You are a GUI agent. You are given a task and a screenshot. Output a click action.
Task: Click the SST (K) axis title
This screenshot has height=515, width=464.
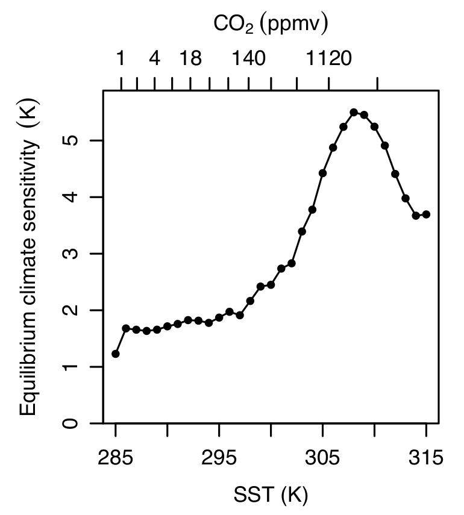click(271, 496)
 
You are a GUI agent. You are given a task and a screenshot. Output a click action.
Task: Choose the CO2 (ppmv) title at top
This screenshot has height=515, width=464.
click(271, 25)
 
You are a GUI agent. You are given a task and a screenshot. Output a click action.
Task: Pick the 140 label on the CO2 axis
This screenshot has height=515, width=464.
click(249, 59)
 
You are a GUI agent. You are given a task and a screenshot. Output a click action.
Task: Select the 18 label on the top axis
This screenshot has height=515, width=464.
click(190, 59)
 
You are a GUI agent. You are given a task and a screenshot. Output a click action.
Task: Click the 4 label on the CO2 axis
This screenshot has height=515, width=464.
click(155, 59)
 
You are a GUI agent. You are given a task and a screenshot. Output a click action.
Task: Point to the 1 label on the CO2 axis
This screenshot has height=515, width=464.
click(121, 59)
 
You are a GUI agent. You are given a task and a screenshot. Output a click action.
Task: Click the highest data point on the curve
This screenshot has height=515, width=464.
click(354, 112)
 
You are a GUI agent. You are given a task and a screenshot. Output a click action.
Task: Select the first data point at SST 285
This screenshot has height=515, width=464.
click(115, 354)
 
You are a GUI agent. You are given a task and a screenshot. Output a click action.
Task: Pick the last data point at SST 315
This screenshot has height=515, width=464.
click(426, 214)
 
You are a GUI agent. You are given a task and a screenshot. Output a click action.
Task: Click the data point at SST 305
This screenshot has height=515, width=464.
click(322, 173)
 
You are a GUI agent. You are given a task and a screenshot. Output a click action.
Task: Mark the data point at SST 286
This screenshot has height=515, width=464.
click(126, 328)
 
